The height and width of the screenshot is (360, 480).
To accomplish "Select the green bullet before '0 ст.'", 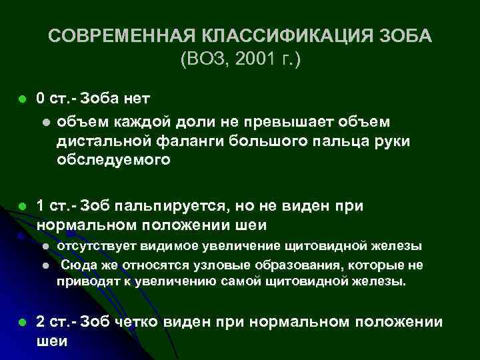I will click(x=21, y=99).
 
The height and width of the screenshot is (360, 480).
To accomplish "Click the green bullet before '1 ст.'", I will click(x=21, y=207).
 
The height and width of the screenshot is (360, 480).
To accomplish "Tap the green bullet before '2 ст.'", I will click(x=21, y=323).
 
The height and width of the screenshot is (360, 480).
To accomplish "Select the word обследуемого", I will click(x=113, y=160).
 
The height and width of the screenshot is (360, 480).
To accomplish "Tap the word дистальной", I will click(x=105, y=141).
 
